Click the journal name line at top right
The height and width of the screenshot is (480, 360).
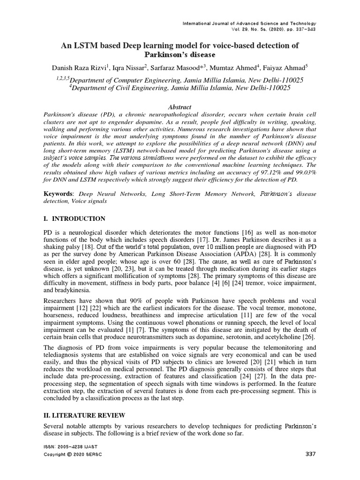(x=249, y=23)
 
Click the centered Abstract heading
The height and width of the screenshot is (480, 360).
(x=180, y=107)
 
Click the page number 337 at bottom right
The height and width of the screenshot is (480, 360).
(x=310, y=454)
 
